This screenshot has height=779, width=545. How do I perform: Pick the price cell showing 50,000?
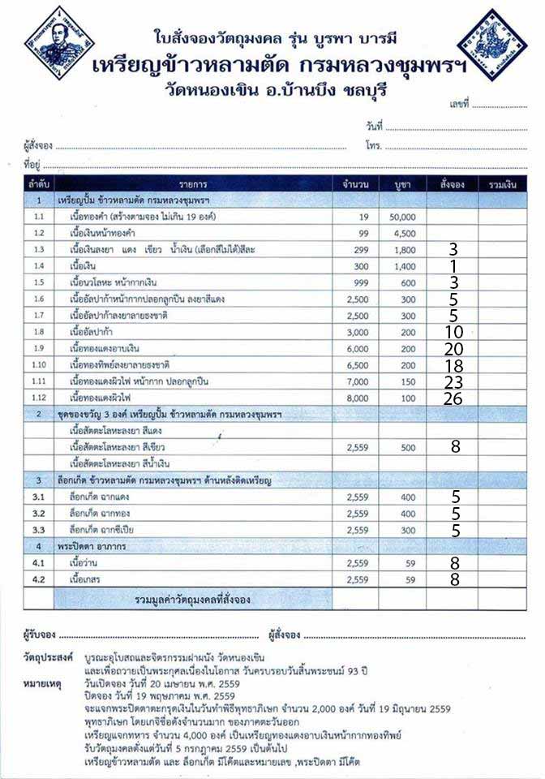[x=402, y=217]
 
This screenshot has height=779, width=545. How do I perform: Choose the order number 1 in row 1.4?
[x=453, y=266]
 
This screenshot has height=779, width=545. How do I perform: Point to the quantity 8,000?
[x=356, y=398]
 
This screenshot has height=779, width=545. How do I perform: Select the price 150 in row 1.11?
[x=407, y=381]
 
